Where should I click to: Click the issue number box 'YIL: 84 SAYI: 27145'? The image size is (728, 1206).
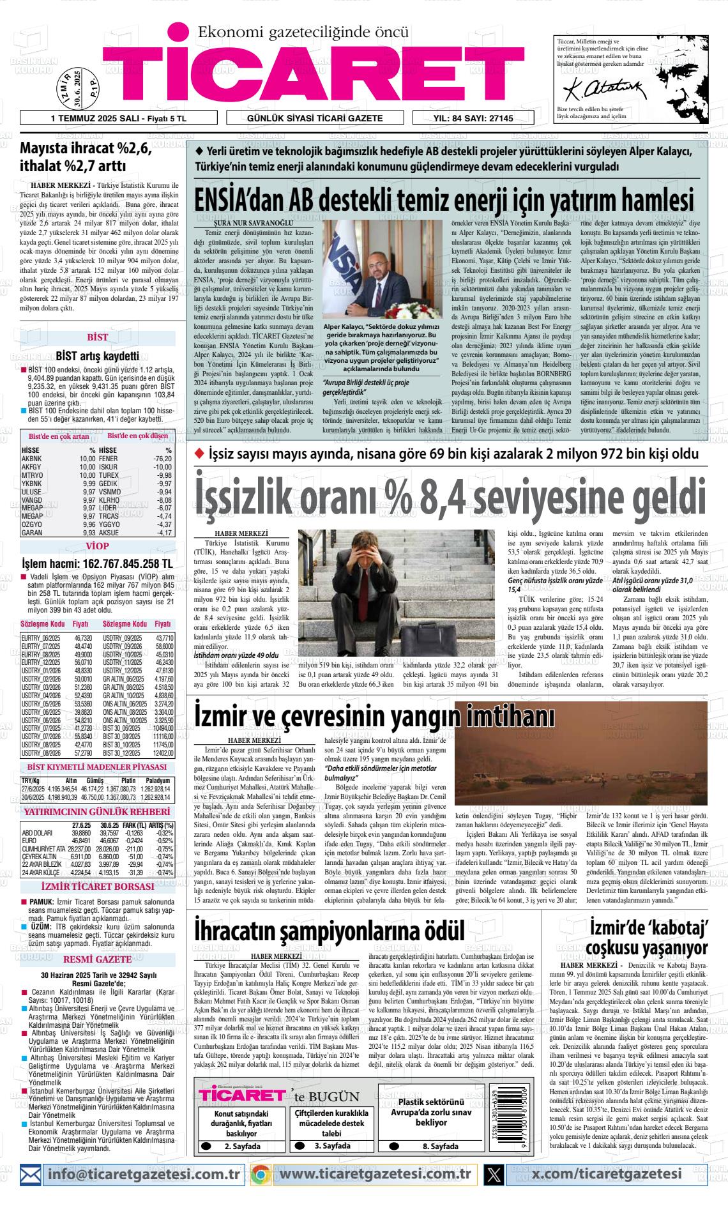coord(473,118)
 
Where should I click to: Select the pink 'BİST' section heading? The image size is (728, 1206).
coord(98,337)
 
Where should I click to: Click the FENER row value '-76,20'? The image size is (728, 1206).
coord(162,459)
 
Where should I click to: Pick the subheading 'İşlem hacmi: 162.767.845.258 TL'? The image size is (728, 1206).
coord(97,564)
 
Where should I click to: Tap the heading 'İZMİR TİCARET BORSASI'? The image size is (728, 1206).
coord(97,887)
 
